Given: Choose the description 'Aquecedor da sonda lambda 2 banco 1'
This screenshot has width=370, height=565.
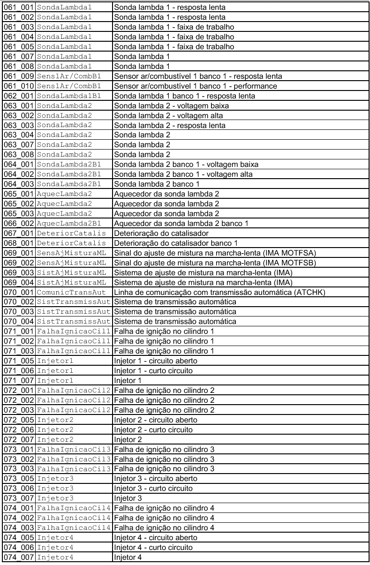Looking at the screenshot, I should click(x=181, y=222).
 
